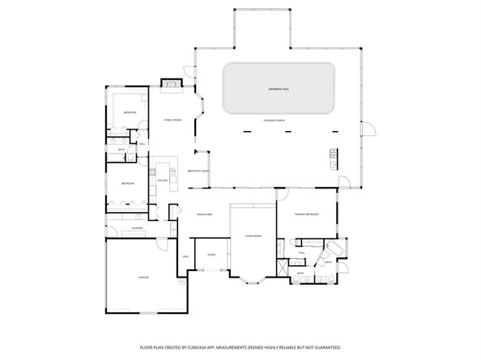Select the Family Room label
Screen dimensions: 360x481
click(172, 119)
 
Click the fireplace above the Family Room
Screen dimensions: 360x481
click(171, 83)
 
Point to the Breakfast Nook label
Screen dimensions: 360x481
click(198, 172)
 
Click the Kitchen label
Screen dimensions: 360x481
click(162, 180)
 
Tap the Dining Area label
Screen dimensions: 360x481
click(204, 214)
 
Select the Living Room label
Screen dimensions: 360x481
click(253, 237)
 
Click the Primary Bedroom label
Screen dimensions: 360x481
click(306, 214)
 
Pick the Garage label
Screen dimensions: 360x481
click(143, 277)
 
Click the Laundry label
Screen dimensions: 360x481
click(137, 228)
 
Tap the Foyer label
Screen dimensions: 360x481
click(211, 254)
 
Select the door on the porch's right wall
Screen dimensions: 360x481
click(365, 129)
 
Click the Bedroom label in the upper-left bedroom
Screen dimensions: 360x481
click(128, 112)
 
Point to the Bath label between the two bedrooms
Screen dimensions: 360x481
click(121, 150)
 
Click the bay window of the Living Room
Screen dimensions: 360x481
click(256, 282)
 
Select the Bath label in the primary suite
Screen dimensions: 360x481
click(300, 273)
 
